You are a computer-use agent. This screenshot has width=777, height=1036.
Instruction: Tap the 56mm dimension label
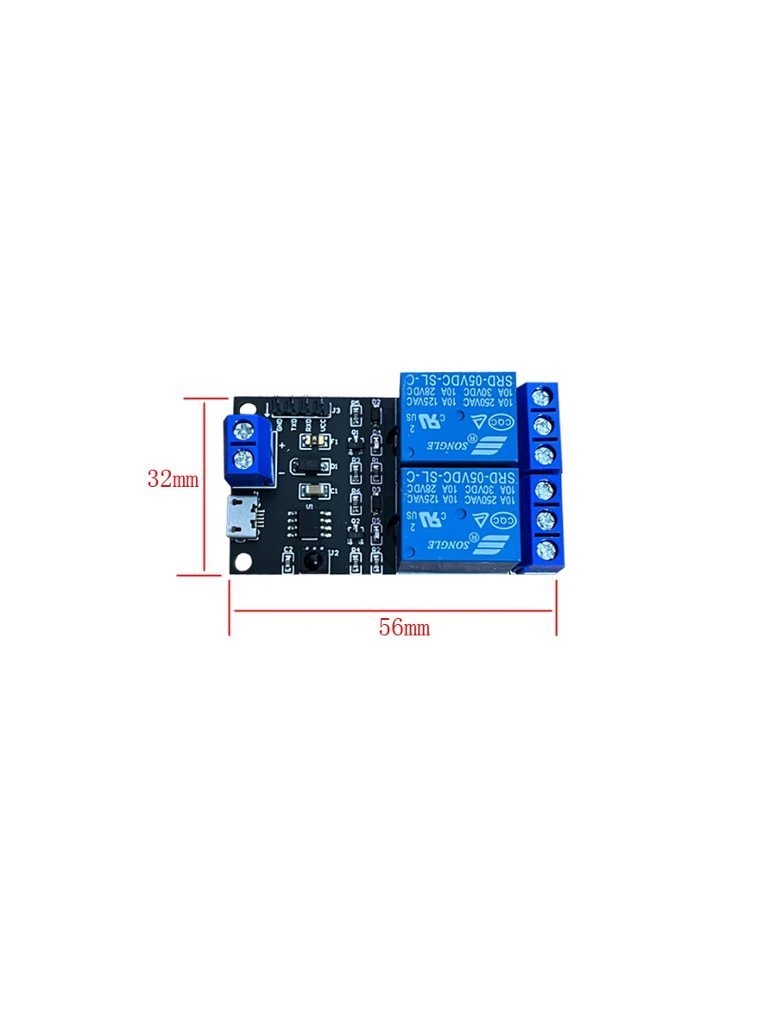pyautogui.click(x=403, y=628)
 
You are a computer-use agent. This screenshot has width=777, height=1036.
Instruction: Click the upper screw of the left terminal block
pyautogui.click(x=244, y=429)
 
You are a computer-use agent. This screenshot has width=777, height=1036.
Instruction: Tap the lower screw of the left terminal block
pyautogui.click(x=244, y=458)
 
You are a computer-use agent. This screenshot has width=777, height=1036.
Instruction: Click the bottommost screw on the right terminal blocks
pyautogui.click(x=543, y=549)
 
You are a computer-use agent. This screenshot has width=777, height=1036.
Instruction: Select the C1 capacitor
pyautogui.click(x=313, y=491)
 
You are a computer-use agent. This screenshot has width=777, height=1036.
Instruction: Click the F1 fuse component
pyautogui.click(x=313, y=441)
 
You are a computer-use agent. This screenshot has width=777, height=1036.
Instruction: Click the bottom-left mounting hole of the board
pyautogui.click(x=245, y=561)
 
